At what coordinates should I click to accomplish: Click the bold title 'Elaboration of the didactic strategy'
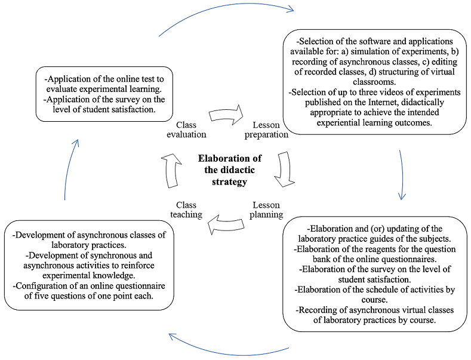[x=230, y=170]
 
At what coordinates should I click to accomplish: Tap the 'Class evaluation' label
[x=186, y=130]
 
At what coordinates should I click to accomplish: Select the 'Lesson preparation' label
[x=266, y=130]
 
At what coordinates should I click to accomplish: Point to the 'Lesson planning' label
[x=266, y=210]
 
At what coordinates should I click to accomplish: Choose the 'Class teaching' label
[x=186, y=210]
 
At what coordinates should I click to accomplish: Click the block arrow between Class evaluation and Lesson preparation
[x=226, y=115]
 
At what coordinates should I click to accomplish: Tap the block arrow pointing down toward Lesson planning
[x=285, y=169]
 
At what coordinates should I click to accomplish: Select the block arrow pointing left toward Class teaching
[x=226, y=224]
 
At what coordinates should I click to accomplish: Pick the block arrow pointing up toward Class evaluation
[x=171, y=171]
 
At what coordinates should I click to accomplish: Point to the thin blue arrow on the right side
[x=402, y=175]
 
